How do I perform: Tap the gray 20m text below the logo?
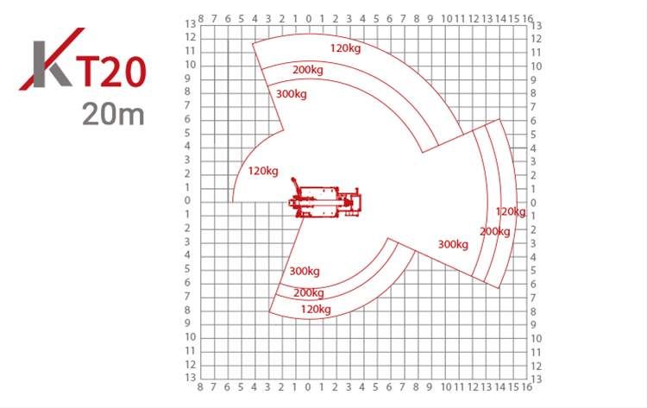coord(113,113)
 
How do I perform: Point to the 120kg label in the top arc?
coord(345,48)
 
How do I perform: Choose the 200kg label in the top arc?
coord(308,70)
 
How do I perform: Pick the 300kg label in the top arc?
coord(292,94)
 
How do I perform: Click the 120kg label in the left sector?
coord(263,171)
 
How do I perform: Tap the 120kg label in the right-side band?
coord(510,211)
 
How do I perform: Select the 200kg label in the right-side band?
coord(494,231)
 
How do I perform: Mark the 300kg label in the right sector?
coord(453,244)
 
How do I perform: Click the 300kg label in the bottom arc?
coord(305,271)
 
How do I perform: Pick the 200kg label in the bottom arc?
coord(308,292)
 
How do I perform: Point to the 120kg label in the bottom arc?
coord(316,309)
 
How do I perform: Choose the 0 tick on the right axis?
coord(535,203)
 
